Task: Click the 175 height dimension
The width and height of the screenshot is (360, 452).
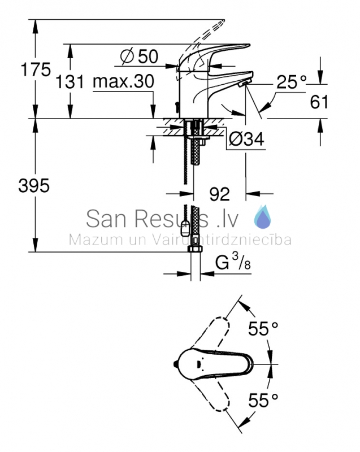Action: (x=36, y=69)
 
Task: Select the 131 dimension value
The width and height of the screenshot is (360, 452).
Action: (x=70, y=81)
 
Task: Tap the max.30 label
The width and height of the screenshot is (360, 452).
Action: (x=124, y=81)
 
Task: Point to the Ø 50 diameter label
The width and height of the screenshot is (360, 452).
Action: (x=140, y=56)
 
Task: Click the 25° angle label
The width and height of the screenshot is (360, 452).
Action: (x=292, y=82)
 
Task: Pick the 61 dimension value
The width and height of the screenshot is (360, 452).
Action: (x=319, y=102)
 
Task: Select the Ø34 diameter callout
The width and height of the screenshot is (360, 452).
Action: (x=246, y=139)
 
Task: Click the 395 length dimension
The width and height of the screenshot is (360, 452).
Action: (x=34, y=185)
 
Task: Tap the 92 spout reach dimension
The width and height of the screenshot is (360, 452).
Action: (x=219, y=194)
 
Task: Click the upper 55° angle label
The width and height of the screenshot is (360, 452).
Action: (x=263, y=329)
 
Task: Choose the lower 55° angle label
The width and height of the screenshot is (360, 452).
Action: (x=263, y=400)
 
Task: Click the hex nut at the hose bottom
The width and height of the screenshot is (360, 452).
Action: (x=196, y=249)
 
